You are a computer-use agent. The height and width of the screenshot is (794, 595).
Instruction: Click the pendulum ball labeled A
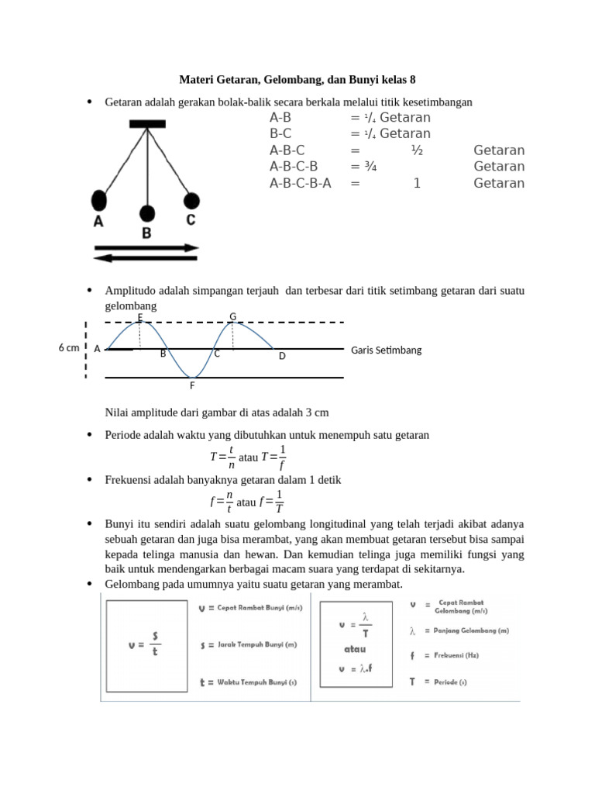(99, 200)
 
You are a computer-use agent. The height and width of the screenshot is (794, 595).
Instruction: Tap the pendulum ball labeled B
(146, 214)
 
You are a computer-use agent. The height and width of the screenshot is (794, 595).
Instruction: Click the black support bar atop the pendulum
(146, 123)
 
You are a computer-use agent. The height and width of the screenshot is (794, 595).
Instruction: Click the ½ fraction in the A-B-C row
(417, 150)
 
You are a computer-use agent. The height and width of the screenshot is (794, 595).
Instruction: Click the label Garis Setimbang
(386, 350)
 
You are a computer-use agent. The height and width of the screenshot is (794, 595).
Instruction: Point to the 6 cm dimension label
(69, 348)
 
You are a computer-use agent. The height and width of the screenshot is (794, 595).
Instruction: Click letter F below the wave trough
(193, 385)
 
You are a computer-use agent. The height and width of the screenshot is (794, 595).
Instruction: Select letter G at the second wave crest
(232, 316)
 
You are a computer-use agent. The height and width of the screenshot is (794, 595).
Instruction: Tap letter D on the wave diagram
(282, 356)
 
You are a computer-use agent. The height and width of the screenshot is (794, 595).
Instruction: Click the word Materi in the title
(198, 79)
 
